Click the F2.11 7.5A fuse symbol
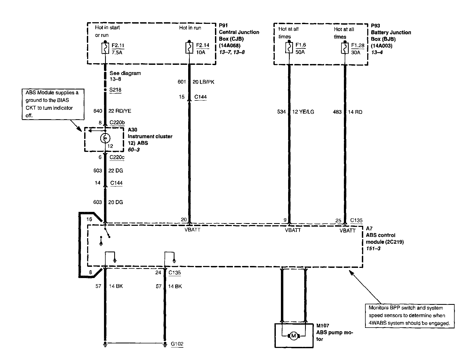[x=105, y=48]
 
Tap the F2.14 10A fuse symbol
[x=190, y=48]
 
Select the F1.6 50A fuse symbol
[x=289, y=48]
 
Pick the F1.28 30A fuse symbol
[x=345, y=48]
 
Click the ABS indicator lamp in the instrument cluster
[x=105, y=138]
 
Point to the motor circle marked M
[x=294, y=336]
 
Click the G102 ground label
[x=177, y=344]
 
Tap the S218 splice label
[x=115, y=90]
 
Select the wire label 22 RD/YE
[x=120, y=111]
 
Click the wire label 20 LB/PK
[x=203, y=82]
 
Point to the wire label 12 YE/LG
[x=303, y=112]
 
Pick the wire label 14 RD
[x=355, y=112]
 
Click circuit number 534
[x=281, y=112]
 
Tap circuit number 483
[x=337, y=112]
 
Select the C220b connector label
[x=117, y=123]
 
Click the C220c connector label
[x=117, y=157]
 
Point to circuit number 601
[x=182, y=82]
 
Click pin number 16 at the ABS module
[x=89, y=219]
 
